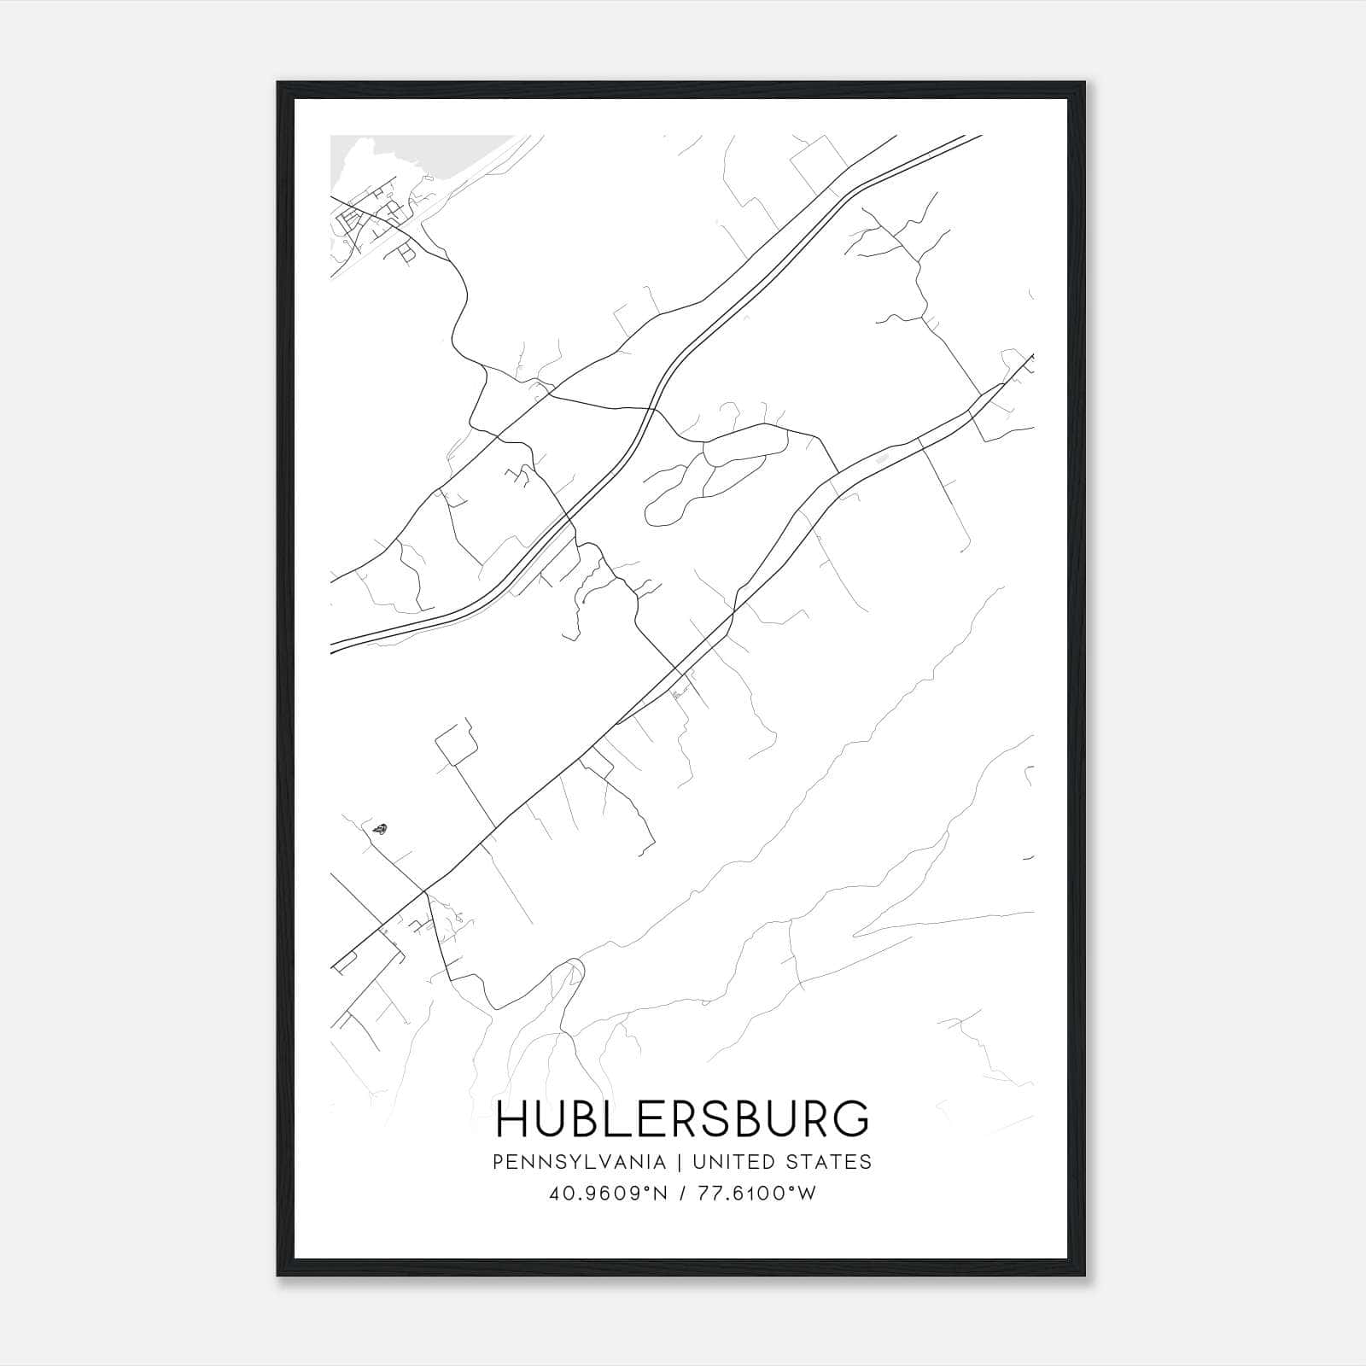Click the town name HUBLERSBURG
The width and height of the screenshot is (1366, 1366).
pos(682,1118)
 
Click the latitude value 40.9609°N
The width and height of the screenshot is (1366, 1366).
pos(605,1194)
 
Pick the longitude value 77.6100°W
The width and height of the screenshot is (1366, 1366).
pos(750,1194)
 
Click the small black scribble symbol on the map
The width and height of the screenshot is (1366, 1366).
pos(379,827)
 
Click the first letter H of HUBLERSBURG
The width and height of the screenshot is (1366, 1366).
pos(513,1118)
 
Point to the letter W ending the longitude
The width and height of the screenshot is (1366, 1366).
pos(807,1194)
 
